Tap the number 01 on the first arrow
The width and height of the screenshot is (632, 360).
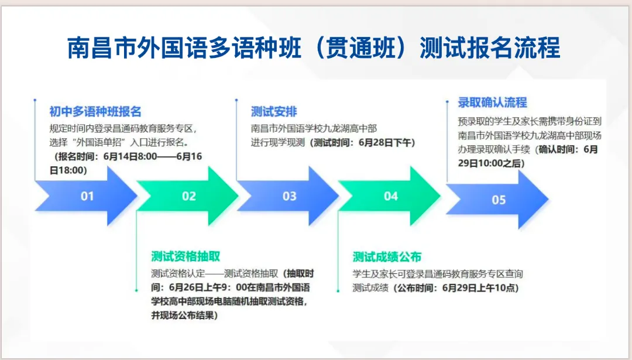click(x=87, y=196)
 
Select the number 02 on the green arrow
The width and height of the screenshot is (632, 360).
click(x=188, y=196)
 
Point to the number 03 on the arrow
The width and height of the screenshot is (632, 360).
click(x=290, y=196)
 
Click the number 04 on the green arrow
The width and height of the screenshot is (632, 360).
click(x=391, y=196)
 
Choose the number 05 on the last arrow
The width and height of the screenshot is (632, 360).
click(x=499, y=200)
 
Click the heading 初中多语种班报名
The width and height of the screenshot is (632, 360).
click(x=95, y=112)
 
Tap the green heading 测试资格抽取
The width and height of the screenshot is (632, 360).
click(x=186, y=256)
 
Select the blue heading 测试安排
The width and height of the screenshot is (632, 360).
click(x=274, y=112)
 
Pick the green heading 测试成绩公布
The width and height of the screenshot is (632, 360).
click(x=387, y=257)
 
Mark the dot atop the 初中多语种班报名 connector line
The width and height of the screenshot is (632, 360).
click(x=35, y=101)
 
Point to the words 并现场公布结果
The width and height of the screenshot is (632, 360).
click(x=182, y=316)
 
